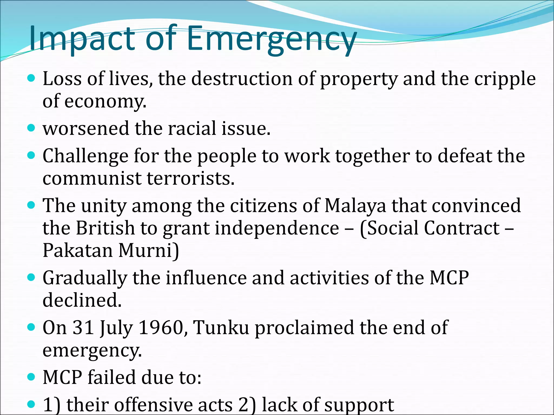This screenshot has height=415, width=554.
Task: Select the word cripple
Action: (505, 79)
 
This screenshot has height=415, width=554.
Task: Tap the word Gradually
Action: (85, 278)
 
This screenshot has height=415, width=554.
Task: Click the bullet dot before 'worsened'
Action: (31, 128)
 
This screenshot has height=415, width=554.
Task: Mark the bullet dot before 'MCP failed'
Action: (31, 377)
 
